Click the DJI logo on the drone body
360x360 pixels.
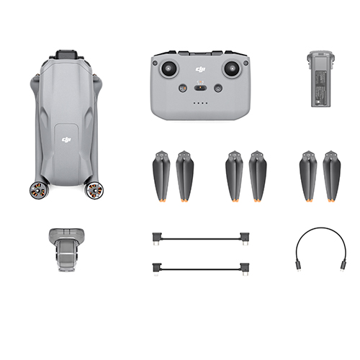coord(66,140)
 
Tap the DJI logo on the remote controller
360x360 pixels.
coord(200,69)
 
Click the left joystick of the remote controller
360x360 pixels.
coord(168,68)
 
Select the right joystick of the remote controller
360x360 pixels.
coord(232,68)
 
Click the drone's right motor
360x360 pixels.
coord(95,191)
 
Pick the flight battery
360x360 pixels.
coord(320,78)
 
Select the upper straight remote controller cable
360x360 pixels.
coord(201,239)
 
